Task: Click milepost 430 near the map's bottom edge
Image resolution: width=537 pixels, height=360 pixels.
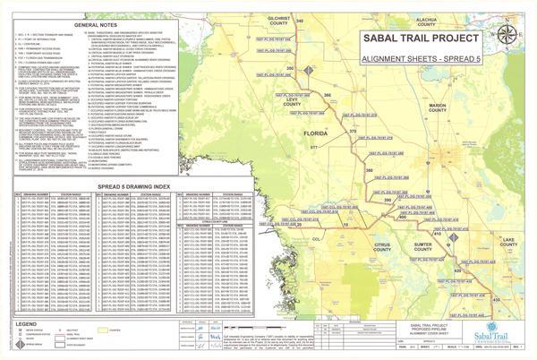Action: click(x=496, y=301)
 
